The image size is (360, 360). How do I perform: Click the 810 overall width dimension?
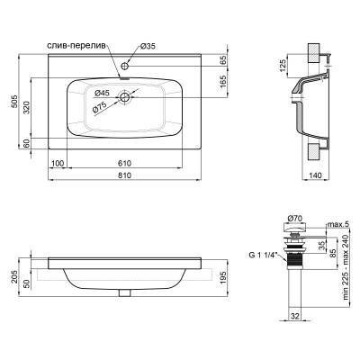coord(121,174)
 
